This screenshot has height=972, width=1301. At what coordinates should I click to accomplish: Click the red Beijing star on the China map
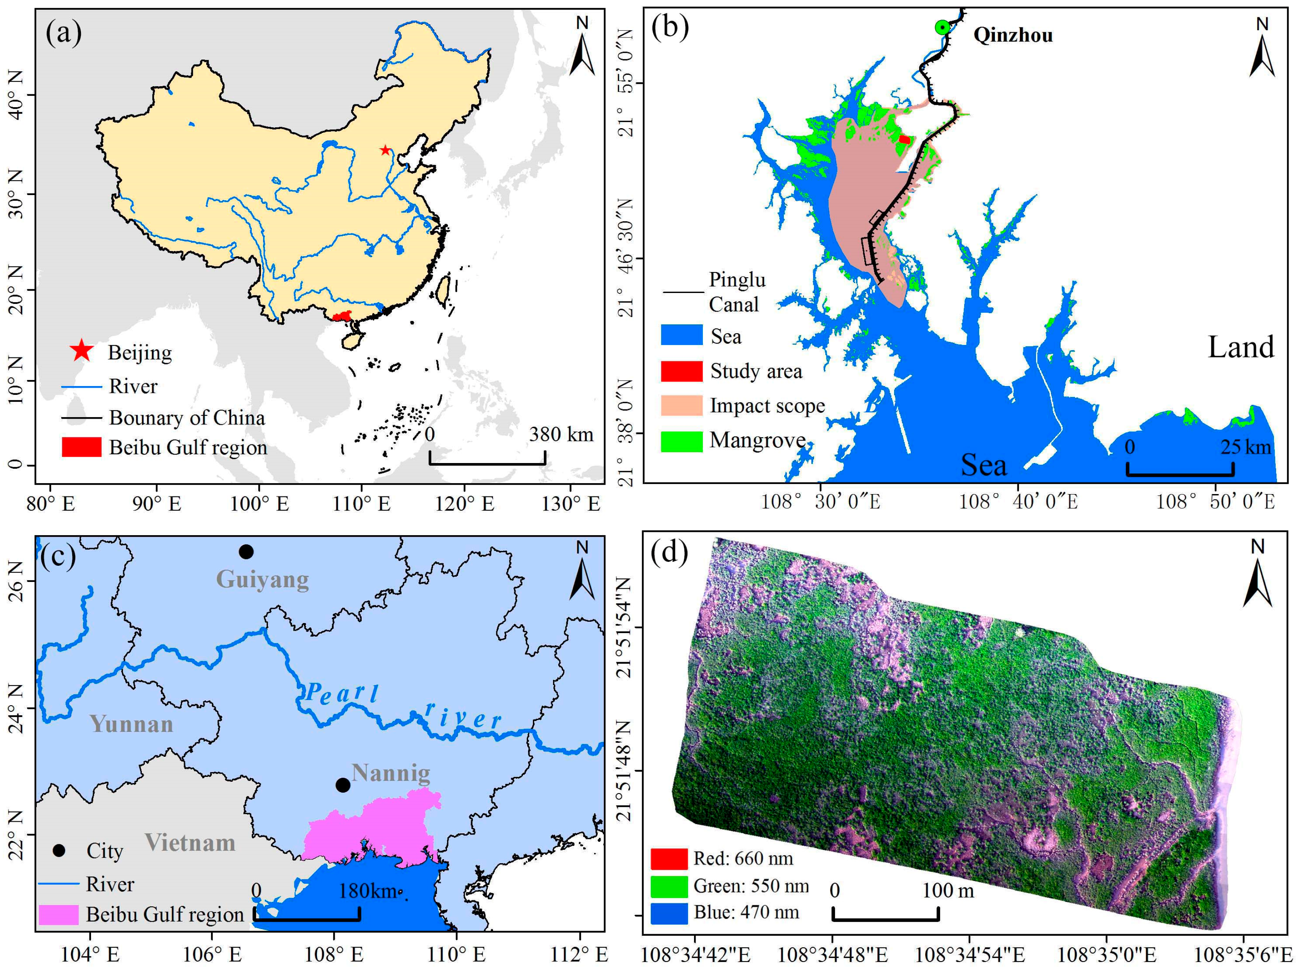[385, 150]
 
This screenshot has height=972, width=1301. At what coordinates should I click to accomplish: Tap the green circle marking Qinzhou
[942, 27]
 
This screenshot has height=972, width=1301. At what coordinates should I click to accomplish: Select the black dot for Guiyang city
[246, 551]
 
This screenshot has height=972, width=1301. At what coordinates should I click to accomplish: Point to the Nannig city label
[391, 773]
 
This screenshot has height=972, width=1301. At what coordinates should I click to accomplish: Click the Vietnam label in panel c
[190, 843]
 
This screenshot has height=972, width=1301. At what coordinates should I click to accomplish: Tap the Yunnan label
[131, 724]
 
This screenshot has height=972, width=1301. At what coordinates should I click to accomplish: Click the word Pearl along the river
[342, 694]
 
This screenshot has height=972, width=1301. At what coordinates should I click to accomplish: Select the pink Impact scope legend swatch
[681, 405]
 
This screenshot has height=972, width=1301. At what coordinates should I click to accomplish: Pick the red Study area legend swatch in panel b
[681, 371]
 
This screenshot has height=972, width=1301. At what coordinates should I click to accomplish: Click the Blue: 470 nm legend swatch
[669, 913]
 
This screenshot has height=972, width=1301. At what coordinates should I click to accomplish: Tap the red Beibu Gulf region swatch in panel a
[81, 447]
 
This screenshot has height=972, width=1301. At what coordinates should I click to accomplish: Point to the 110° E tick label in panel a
[361, 504]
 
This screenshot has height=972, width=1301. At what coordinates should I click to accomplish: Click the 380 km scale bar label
[561, 434]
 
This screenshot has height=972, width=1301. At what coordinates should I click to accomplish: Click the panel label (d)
[669, 552]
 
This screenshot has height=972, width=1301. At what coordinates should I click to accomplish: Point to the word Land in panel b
[1241, 347]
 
